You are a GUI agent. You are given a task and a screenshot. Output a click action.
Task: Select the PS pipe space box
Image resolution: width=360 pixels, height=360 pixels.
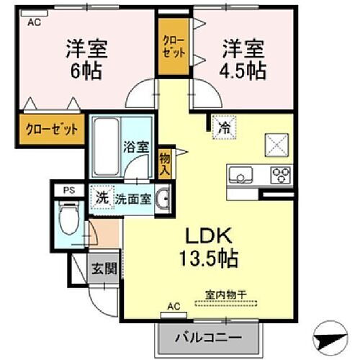pyautogui.click(x=68, y=191)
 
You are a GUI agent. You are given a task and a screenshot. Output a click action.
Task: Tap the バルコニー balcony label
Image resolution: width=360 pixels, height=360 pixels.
pyautogui.click(x=209, y=337)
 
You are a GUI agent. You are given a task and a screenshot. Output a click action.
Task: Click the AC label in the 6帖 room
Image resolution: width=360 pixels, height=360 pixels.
pyautogui.click(x=34, y=22)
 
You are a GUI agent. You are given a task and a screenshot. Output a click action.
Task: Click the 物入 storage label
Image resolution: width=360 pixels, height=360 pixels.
pyautogui.click(x=165, y=163)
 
